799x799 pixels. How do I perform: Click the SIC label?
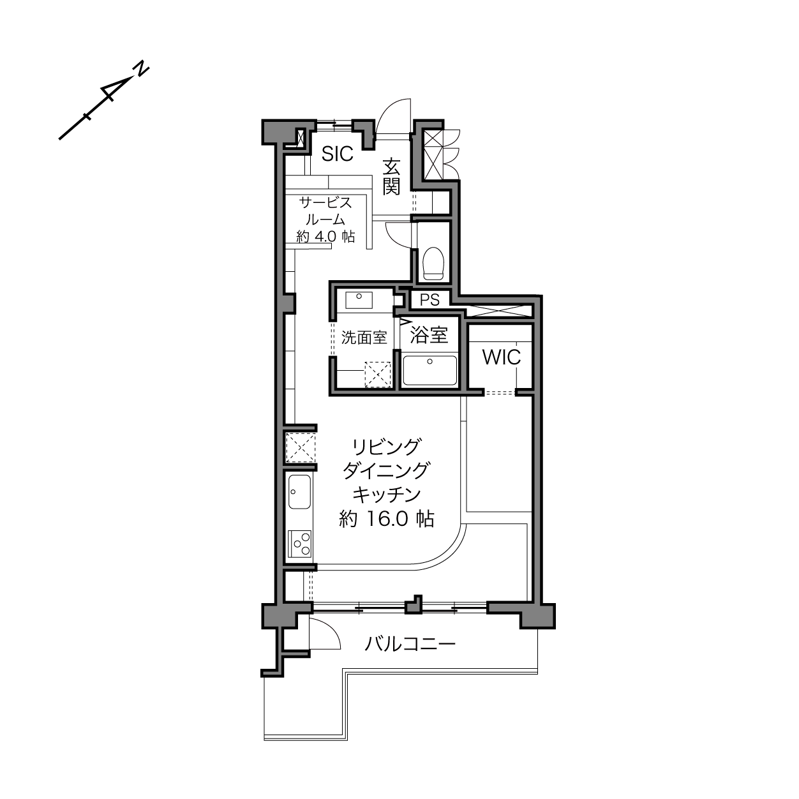[337, 154]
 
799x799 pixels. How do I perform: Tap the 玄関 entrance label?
[391, 177]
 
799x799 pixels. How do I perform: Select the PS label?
[429, 300]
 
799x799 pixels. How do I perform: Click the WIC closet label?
[502, 357]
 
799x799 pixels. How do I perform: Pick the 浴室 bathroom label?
[429, 335]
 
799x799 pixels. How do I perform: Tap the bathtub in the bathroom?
[430, 370]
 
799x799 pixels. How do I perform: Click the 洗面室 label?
[364, 338]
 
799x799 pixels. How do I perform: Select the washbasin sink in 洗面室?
[359, 300]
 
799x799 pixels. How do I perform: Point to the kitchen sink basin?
[299, 492]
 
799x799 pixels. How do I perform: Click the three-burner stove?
[300, 544]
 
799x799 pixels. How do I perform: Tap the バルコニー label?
[410, 645]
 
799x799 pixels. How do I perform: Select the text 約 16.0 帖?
[387, 519]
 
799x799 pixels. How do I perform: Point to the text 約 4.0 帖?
[326, 237]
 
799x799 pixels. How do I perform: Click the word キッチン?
[387, 495]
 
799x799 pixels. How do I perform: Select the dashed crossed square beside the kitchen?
[301, 447]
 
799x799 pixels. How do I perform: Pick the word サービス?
[325, 203]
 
